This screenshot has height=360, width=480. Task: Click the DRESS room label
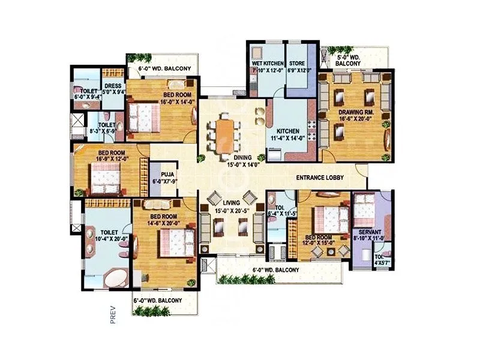[x=113, y=86]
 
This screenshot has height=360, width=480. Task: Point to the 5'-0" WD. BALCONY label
[x=348, y=60]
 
